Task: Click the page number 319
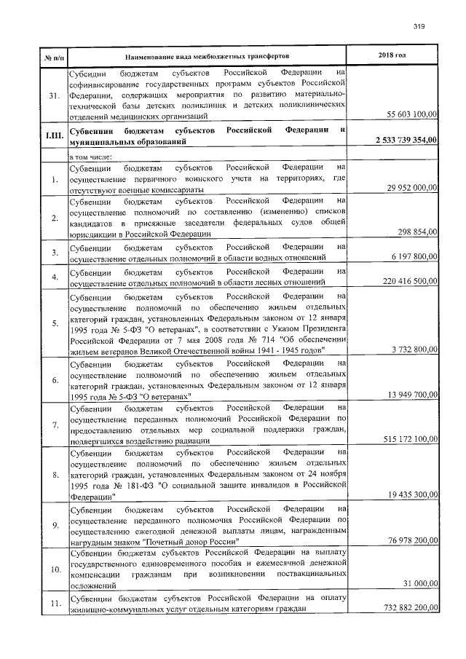click(x=419, y=27)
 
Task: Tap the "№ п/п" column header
click(x=53, y=56)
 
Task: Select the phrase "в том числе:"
click(x=90, y=157)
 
